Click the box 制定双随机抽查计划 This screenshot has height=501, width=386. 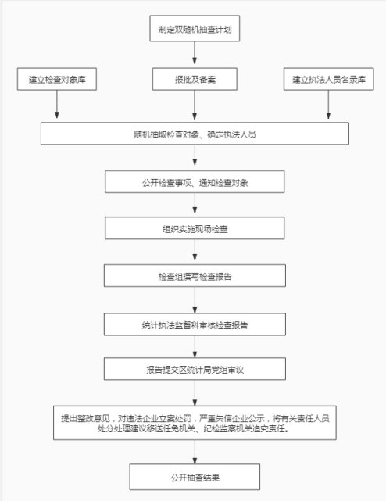click(x=195, y=28)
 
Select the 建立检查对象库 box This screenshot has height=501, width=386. click(x=57, y=79)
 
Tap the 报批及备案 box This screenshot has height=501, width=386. click(x=195, y=79)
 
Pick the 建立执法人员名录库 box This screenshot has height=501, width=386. click(x=328, y=79)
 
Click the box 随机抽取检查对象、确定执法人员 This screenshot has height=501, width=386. click(x=195, y=134)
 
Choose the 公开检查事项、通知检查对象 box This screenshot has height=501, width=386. click(x=195, y=182)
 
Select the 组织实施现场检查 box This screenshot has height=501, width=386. click(x=195, y=228)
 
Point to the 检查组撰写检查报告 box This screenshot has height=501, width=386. click(x=195, y=275)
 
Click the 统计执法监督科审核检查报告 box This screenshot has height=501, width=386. click(x=195, y=324)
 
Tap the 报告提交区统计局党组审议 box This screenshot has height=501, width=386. click(x=195, y=369)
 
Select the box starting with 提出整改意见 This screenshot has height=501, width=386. click(x=195, y=423)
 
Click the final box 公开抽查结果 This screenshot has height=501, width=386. click(x=195, y=477)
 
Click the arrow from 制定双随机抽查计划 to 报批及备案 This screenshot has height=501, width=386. click(x=195, y=52)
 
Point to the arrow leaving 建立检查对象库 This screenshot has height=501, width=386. click(x=57, y=104)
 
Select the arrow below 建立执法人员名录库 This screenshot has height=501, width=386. click(x=328, y=105)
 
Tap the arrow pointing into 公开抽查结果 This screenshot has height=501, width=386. click(x=195, y=452)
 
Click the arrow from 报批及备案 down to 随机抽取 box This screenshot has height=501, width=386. click(x=195, y=105)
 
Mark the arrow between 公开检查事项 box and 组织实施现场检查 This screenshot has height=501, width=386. click(x=195, y=203)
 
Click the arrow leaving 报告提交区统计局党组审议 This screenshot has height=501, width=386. click(x=195, y=392)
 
